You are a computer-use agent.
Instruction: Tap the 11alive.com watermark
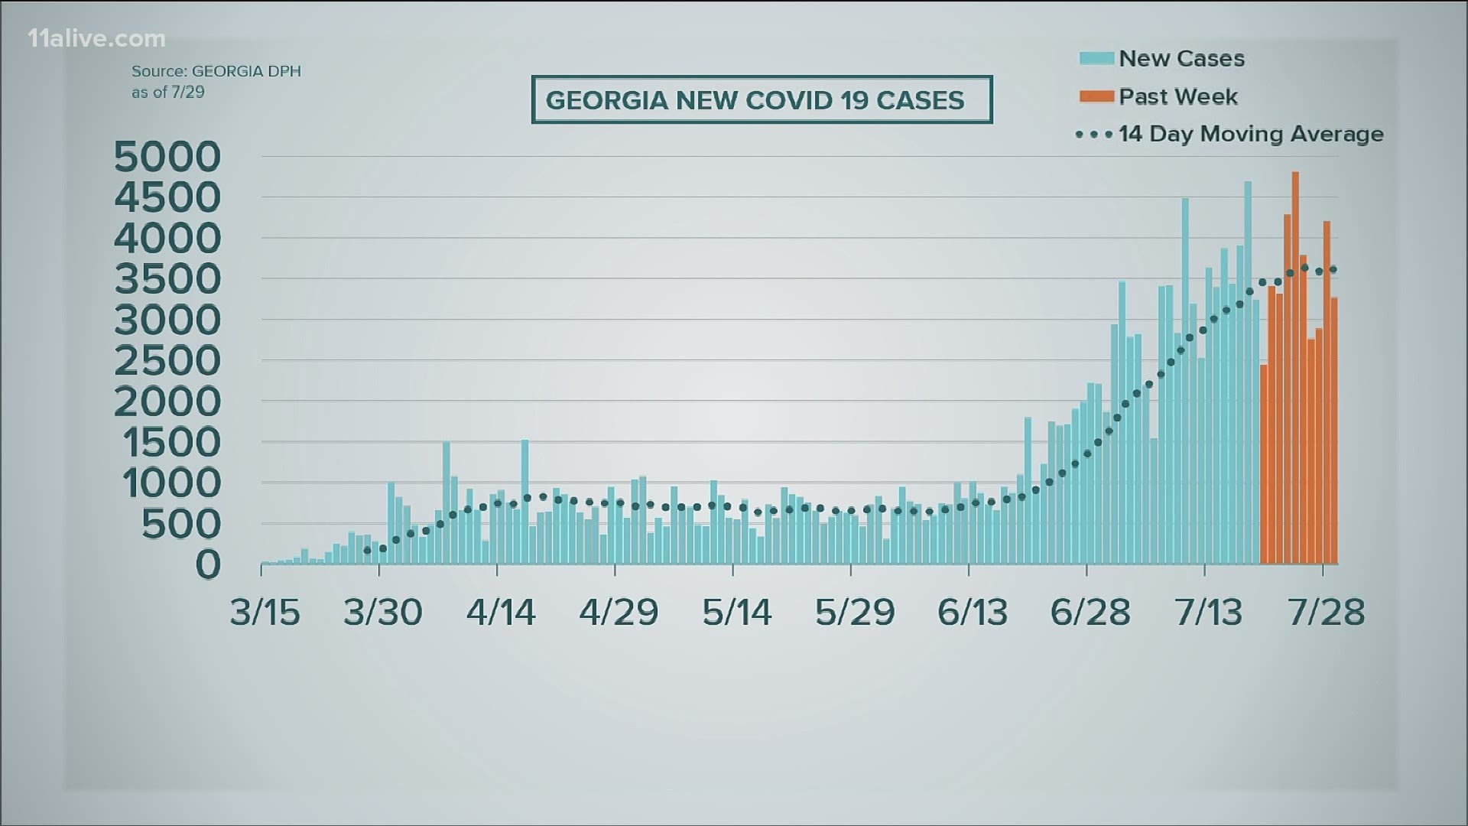[x=96, y=38]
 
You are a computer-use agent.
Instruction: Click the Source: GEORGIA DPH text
[x=216, y=71]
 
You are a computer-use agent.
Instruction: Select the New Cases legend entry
[x=1181, y=58]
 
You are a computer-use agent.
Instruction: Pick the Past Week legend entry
[x=1177, y=96]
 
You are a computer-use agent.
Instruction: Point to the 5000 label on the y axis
[x=167, y=157]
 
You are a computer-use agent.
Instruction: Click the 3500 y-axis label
[x=167, y=279]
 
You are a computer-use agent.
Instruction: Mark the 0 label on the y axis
[x=208, y=564]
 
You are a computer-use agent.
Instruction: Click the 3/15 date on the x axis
[x=265, y=613]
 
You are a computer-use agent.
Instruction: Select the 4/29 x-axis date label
[x=619, y=613]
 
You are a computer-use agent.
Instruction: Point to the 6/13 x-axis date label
[x=973, y=613]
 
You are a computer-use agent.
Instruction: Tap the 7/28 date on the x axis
[x=1327, y=613]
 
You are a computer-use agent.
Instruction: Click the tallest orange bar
[x=1295, y=367]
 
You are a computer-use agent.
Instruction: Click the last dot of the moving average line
[x=1333, y=269]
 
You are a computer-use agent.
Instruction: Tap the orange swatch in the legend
[x=1096, y=96]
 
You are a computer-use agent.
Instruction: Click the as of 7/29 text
[x=168, y=92]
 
